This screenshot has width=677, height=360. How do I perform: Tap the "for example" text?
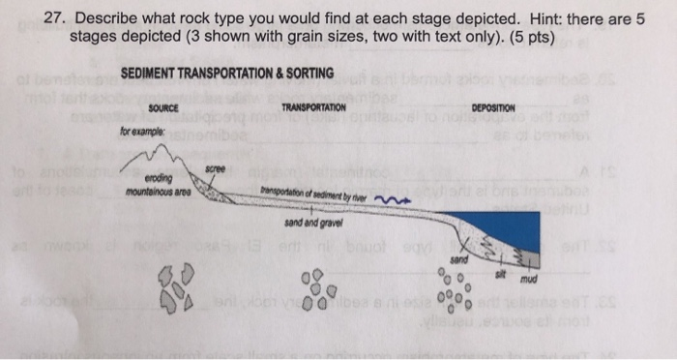point(140,128)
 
